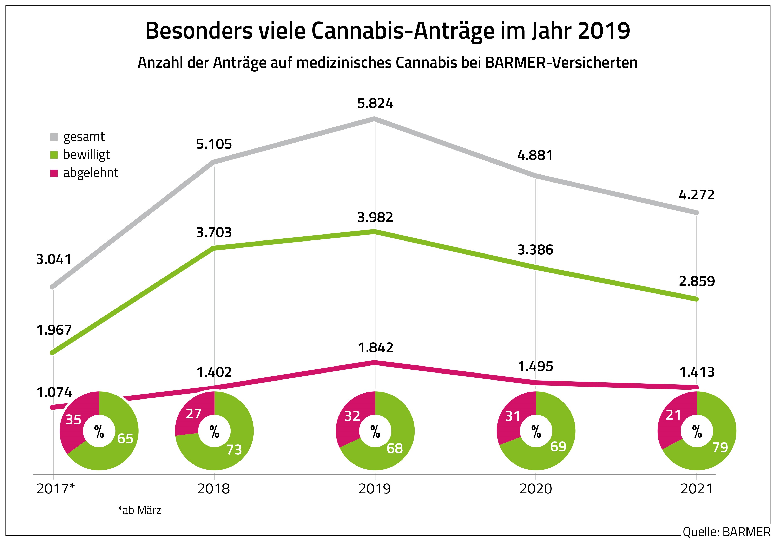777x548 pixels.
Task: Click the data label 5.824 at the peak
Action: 375,104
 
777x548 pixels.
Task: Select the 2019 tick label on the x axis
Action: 375,489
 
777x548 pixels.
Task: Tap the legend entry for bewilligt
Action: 86,155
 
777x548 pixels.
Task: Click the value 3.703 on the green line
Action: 214,232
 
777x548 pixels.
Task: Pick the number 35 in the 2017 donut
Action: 73,420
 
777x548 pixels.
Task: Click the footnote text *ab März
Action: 139,510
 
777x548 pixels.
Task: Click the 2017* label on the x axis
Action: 55,489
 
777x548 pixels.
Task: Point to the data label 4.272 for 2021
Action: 697,195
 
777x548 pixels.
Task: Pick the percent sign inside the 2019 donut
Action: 375,431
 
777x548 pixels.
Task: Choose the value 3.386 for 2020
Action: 535,250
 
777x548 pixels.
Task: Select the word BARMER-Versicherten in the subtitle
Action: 561,63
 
